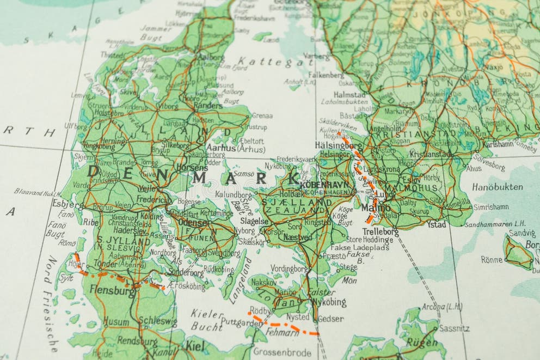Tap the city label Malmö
point(376,208)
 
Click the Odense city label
point(193,223)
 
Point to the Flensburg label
point(113,291)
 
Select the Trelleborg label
point(380,231)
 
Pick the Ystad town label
point(436,224)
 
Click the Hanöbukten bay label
point(497,187)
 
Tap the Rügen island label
point(422,342)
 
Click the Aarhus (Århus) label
point(236,148)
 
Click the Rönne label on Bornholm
point(492,260)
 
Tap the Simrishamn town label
point(491,208)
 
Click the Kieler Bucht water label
point(207,320)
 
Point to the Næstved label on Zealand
point(298,237)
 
